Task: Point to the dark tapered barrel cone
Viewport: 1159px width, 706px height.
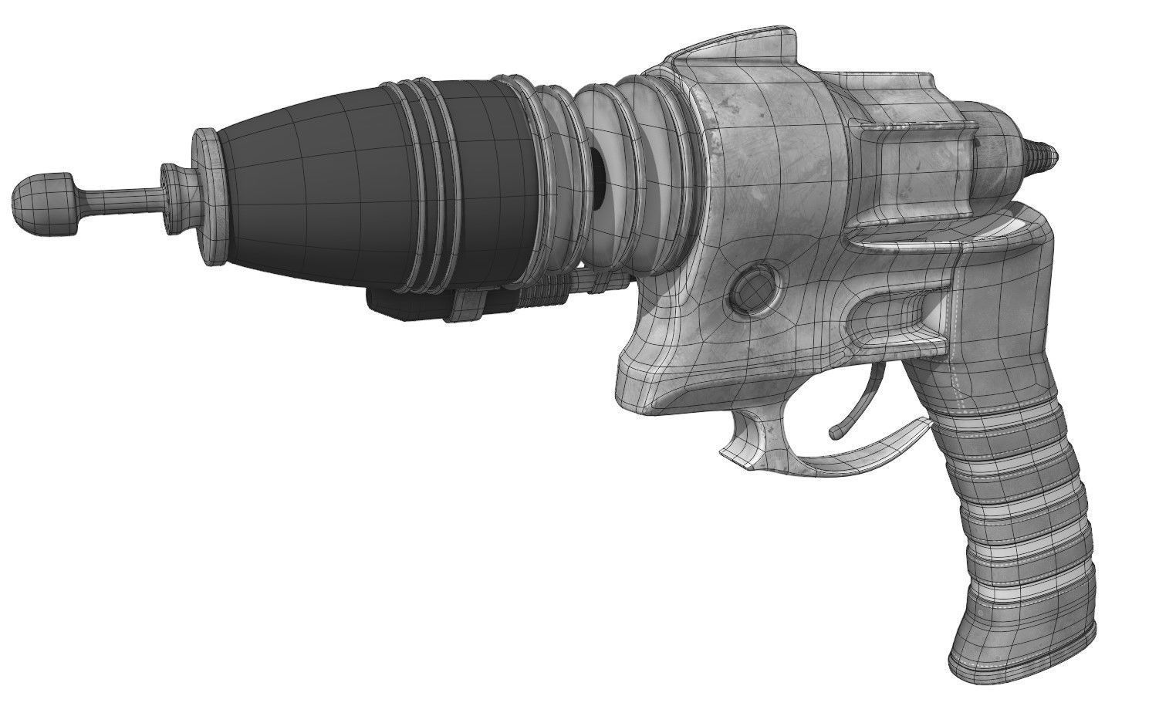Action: (301, 185)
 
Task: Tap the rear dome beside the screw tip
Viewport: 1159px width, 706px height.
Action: (999, 147)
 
